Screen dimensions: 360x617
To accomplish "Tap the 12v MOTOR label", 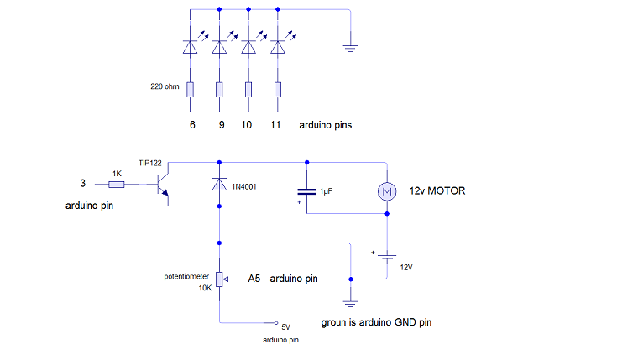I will [437, 191].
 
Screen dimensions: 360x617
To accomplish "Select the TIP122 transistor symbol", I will [160, 185].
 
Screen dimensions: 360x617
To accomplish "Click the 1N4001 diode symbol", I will [219, 183].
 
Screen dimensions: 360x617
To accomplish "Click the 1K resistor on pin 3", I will [117, 184].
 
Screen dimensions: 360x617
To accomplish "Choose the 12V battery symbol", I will [387, 256].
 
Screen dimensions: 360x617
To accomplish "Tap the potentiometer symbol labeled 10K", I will [219, 279].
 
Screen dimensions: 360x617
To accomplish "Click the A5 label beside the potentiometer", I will [256, 279].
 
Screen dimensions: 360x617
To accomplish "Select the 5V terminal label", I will [285, 326].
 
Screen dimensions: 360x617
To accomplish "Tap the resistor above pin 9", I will [219, 89].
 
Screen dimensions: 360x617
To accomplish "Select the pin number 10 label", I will [247, 125].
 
